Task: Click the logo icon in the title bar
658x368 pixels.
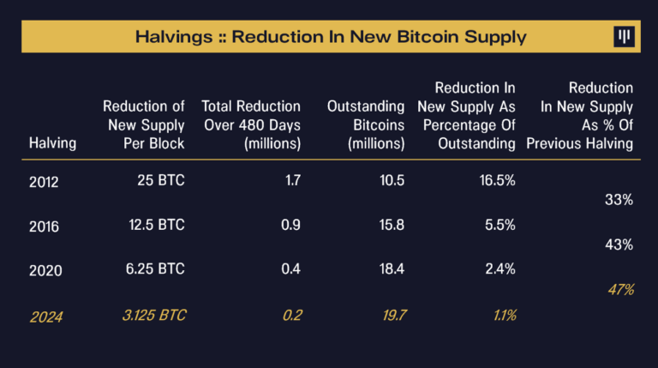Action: [623, 36]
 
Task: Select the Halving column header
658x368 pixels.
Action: [52, 143]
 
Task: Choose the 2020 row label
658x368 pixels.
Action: [45, 269]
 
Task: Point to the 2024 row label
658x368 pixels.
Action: [45, 316]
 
